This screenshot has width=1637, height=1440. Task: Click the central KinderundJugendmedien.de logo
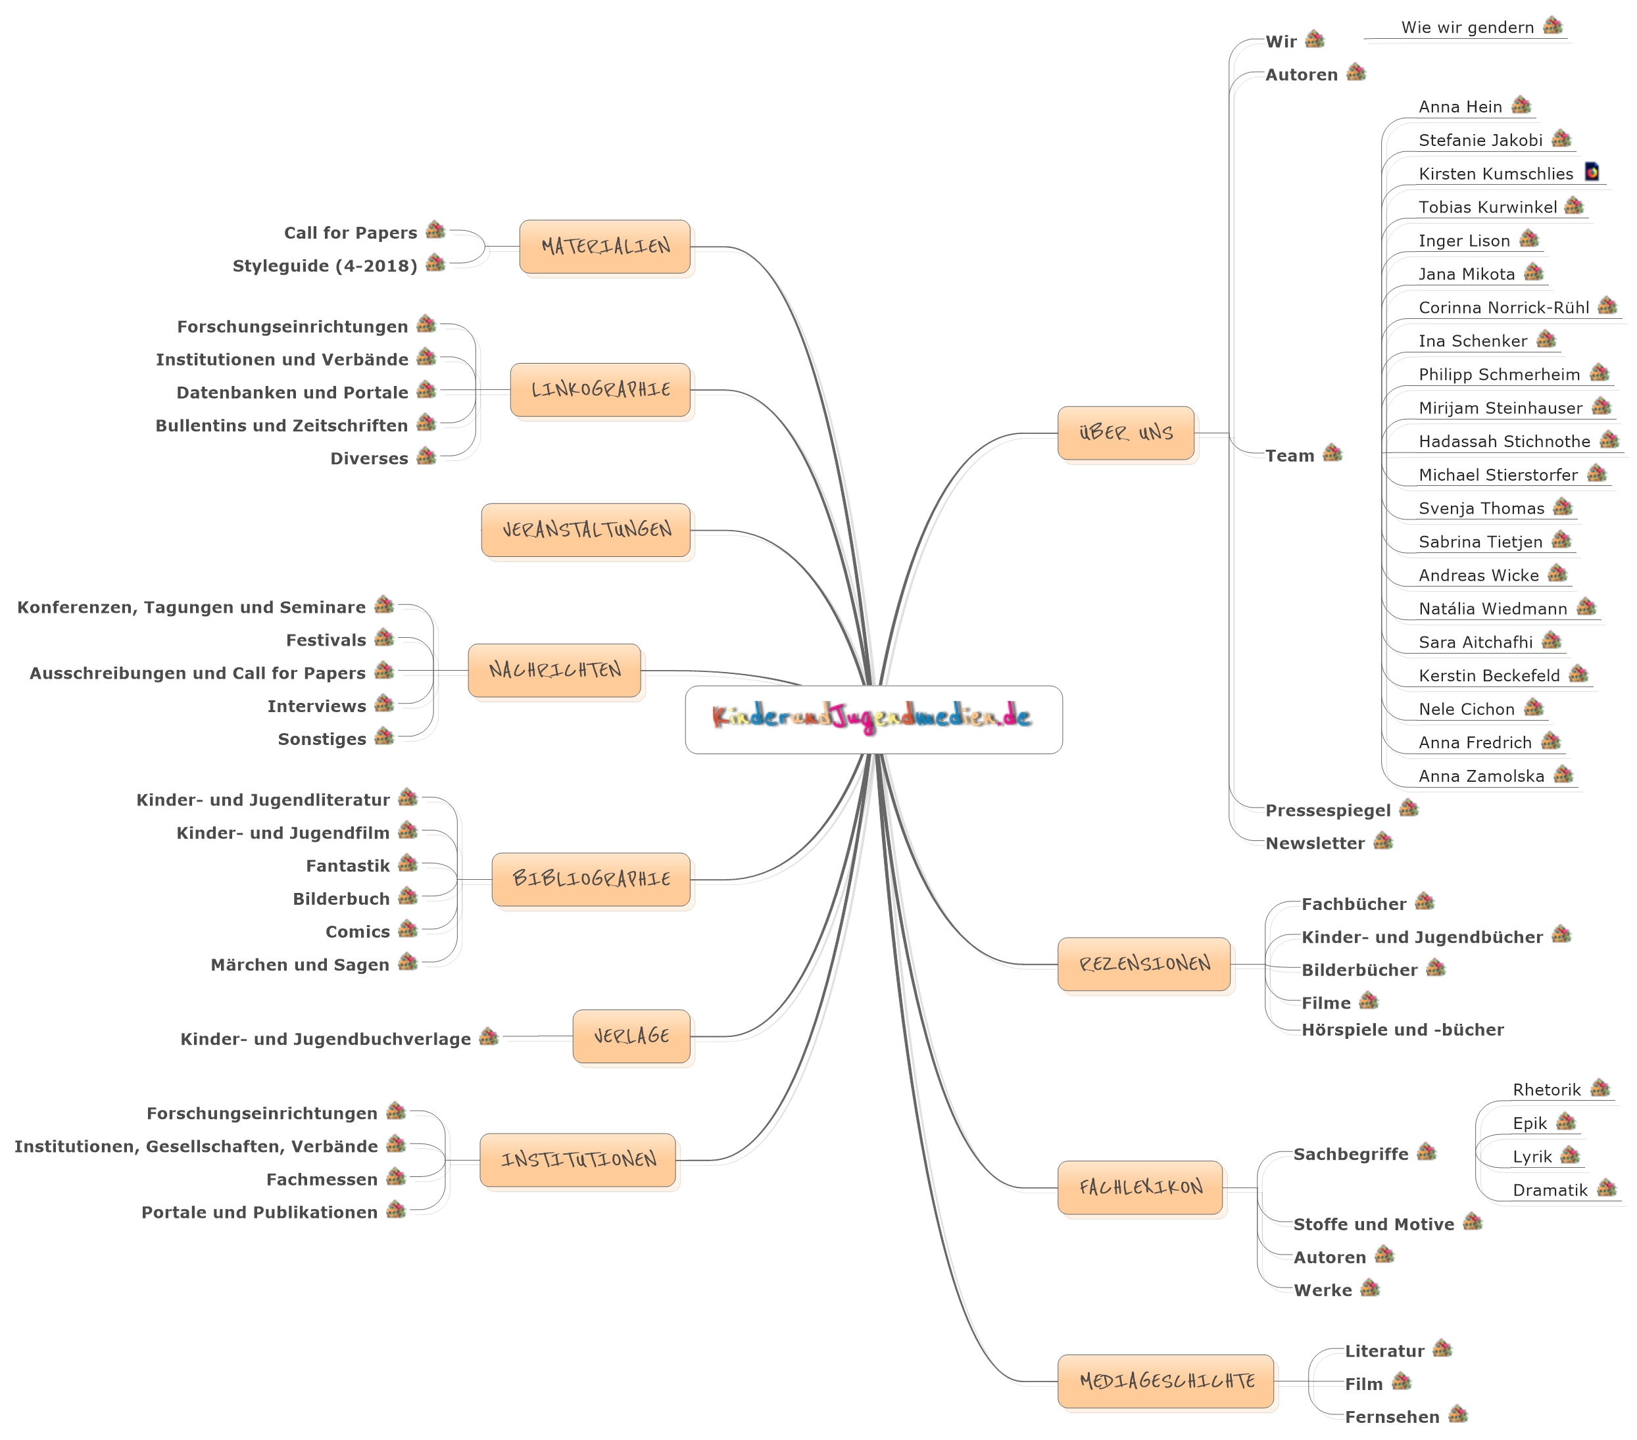click(873, 719)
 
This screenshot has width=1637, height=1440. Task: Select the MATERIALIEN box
click(604, 247)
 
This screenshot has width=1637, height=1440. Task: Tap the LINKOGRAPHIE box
click(600, 390)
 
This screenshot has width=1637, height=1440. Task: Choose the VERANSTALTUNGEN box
click(585, 530)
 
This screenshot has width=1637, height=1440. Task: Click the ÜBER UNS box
click(1125, 433)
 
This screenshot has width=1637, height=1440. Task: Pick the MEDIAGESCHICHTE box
click(1165, 1381)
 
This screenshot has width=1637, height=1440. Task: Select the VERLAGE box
click(631, 1036)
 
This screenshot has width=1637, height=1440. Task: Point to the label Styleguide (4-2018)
click(324, 266)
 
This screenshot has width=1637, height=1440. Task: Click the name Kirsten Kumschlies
click(1495, 174)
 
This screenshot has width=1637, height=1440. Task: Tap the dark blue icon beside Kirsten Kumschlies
click(1592, 172)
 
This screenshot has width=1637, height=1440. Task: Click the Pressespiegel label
click(1328, 811)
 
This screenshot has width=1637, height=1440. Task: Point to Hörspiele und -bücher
click(1402, 1030)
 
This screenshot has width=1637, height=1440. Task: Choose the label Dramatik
click(1550, 1190)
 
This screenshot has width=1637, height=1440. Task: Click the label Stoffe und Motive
click(1373, 1224)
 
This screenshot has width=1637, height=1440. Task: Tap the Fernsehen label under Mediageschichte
click(1392, 1417)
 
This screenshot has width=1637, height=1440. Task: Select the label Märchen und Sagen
click(299, 965)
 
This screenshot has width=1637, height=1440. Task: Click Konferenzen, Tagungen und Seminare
click(191, 608)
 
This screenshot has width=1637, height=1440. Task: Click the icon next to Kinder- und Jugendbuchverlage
click(489, 1037)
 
